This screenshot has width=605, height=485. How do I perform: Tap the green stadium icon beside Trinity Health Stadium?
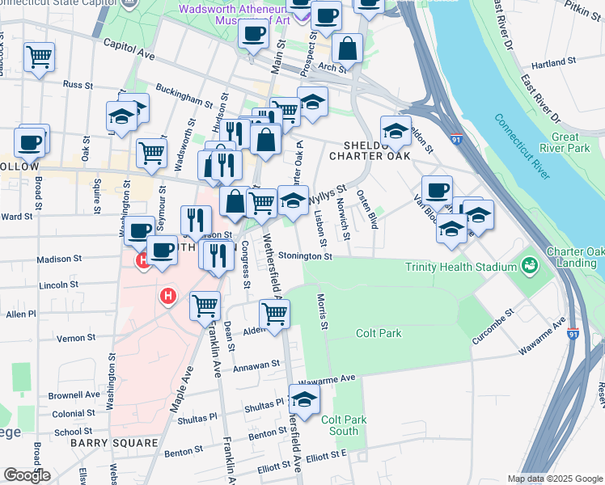(x=531, y=265)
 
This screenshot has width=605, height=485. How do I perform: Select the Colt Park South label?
(x=345, y=424)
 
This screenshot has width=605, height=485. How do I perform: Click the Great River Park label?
(x=570, y=143)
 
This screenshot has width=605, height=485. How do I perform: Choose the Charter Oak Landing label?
(x=573, y=258)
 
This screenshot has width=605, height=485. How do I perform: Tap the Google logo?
(x=27, y=474)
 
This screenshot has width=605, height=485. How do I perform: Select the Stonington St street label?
(x=305, y=256)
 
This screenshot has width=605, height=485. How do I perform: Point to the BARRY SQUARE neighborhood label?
(x=113, y=443)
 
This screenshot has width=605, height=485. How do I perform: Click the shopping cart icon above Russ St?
(x=39, y=57)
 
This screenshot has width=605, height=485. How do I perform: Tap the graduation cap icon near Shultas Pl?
(x=304, y=399)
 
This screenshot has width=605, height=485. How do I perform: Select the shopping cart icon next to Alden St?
(x=275, y=314)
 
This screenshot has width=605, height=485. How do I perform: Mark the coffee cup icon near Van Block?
(x=437, y=190)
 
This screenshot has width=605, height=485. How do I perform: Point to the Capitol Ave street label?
(x=128, y=48)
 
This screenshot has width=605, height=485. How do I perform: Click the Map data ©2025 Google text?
(x=555, y=479)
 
